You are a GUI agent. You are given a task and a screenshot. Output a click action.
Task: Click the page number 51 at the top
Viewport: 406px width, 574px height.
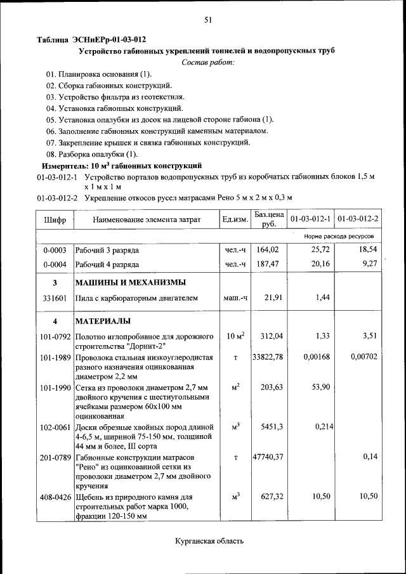coord(207,20)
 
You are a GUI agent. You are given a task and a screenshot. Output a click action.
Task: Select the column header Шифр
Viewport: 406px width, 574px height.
coord(55,219)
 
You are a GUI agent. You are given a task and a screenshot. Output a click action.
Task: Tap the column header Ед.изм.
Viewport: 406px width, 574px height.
coord(234,219)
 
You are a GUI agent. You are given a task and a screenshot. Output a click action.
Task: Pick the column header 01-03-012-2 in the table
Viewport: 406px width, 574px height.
coord(358,219)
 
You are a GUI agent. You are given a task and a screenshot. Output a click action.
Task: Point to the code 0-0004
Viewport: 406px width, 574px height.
coord(55,264)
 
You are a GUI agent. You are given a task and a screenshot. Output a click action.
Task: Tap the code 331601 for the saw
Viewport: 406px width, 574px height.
coord(55,297)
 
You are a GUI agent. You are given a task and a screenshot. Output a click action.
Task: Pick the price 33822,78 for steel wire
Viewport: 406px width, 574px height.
coord(267,357)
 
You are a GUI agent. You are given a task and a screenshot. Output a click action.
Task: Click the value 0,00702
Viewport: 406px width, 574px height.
coord(363,357)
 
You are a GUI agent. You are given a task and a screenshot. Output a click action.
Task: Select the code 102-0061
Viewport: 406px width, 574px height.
coord(55,427)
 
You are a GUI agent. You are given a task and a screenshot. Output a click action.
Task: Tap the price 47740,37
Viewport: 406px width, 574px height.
coord(267,457)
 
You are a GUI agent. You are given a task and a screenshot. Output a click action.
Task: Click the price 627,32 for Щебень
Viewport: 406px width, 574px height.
coord(270,497)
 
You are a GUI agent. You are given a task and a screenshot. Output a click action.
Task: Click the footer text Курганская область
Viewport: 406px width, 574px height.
coord(209,541)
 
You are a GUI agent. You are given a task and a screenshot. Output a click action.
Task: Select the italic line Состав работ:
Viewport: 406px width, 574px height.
coord(207,62)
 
